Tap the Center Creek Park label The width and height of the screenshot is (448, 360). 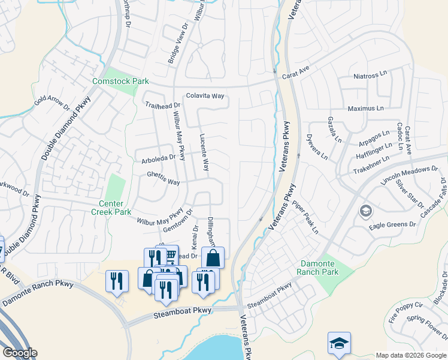pyautogui.click(x=111, y=208)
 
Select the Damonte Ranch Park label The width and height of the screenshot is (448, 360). pyautogui.click(x=317, y=268)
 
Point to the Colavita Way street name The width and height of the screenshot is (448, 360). pyautogui.click(x=205, y=95)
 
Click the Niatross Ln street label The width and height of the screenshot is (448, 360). pyautogui.click(x=371, y=76)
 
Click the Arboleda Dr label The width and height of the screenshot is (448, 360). pyautogui.click(x=158, y=157)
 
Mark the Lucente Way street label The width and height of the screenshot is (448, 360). pyautogui.click(x=204, y=152)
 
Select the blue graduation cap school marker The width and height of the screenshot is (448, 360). pyautogui.click(x=339, y=343)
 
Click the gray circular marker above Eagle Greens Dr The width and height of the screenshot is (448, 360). pyautogui.click(x=365, y=211)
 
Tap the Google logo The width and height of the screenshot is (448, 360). pyautogui.click(x=20, y=353)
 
